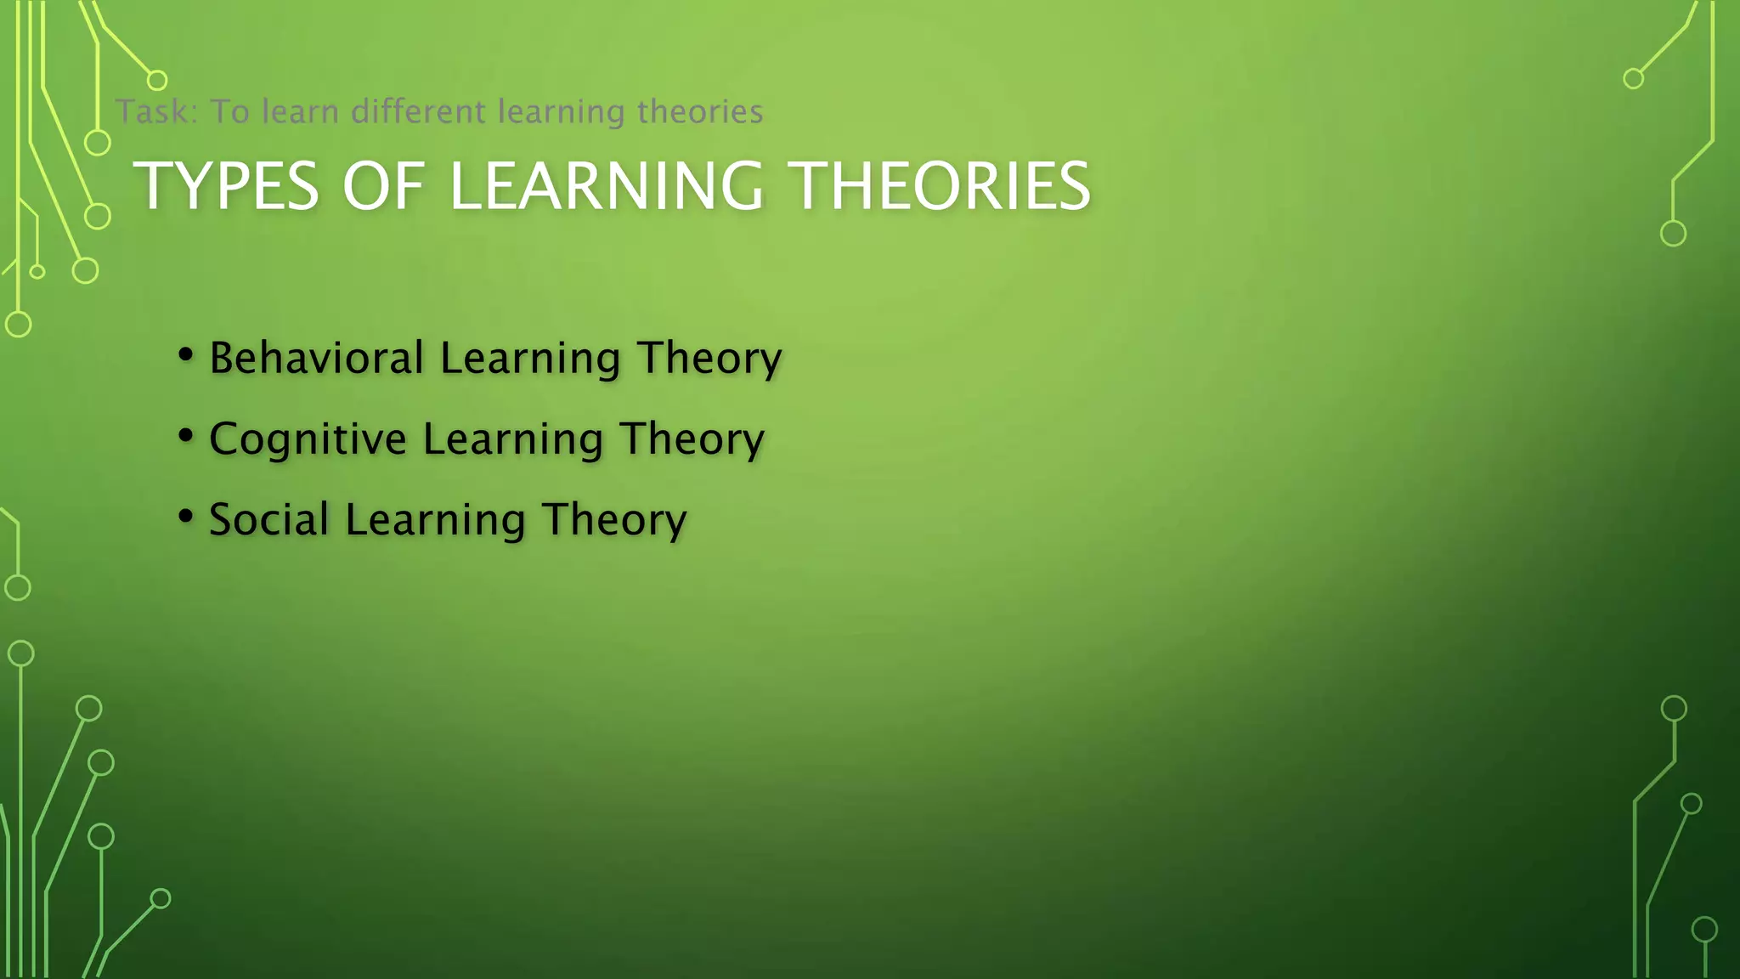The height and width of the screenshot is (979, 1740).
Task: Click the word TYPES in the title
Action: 227,186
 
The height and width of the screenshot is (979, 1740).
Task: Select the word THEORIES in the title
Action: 941,186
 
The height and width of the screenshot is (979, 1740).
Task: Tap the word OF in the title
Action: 383,186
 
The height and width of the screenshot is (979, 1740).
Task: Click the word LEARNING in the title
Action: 607,186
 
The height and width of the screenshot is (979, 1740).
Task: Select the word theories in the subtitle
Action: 700,111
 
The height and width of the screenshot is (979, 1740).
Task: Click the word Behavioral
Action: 317,358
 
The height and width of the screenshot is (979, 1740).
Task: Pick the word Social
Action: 269,519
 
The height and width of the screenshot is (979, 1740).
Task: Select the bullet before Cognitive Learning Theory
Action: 186,436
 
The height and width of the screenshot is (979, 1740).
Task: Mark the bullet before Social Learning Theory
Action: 186,517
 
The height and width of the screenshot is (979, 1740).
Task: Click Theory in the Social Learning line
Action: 614,520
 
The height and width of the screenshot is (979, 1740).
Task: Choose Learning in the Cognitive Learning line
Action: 513,439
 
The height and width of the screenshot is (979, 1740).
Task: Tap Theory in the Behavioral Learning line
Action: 709,358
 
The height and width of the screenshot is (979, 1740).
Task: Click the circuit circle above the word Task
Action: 157,81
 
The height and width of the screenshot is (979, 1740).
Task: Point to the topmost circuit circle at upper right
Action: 1633,79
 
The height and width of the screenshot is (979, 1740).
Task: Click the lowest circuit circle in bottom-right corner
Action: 1704,930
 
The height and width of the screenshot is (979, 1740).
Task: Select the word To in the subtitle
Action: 229,111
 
